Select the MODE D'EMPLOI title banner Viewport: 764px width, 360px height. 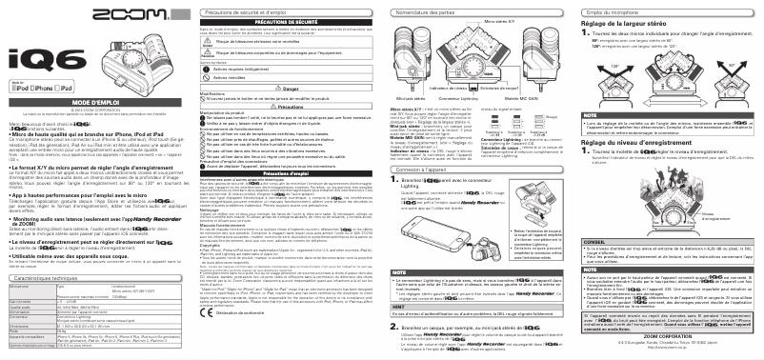tap(92, 128)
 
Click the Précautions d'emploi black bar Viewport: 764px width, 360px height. tap(285, 172)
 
